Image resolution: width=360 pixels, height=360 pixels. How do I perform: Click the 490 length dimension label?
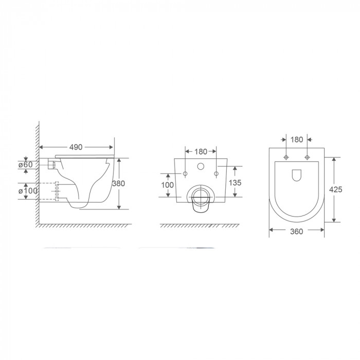coord(76,147)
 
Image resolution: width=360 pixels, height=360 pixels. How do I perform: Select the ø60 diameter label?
coord(26,165)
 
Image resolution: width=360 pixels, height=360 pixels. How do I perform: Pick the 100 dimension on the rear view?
coord(168,185)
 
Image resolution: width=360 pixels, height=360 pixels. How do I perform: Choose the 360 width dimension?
coord(296,231)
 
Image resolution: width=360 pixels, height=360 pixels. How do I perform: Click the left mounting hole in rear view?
coord(185,174)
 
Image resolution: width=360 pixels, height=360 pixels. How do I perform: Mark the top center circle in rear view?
coord(201,167)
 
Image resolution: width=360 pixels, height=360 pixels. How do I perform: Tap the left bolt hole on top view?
coord(285,157)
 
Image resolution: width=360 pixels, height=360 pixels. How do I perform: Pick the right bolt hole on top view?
coord(307,157)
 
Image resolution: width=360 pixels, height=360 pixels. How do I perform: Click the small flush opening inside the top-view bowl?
coord(296,176)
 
